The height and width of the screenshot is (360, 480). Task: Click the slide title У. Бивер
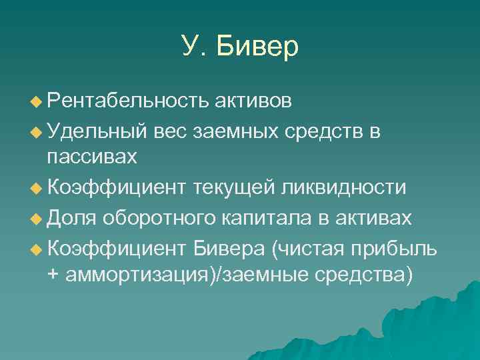click(240, 47)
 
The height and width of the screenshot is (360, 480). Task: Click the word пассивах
click(92, 157)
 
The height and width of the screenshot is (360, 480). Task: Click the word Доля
click(72, 217)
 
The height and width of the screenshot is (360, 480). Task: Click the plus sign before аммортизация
click(53, 275)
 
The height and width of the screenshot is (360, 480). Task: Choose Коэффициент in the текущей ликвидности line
click(118, 187)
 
